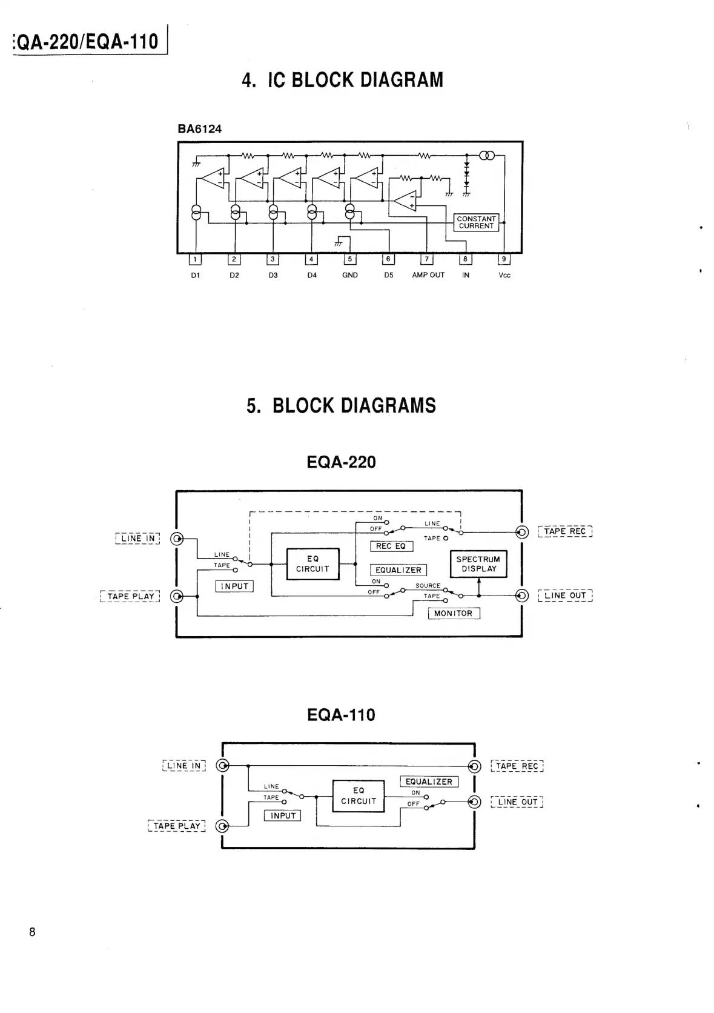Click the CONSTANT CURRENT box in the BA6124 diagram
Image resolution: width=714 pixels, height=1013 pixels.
click(476, 222)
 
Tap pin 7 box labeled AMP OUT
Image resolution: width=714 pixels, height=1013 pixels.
click(427, 259)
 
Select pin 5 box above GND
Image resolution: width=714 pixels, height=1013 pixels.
click(350, 259)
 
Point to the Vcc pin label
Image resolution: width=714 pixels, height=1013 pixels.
click(504, 275)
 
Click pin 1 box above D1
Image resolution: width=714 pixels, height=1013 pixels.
click(195, 259)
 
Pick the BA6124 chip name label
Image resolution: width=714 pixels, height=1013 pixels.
click(200, 128)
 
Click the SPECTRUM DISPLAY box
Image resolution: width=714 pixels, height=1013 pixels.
click(478, 564)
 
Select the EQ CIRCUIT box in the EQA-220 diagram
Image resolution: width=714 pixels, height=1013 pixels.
click(312, 563)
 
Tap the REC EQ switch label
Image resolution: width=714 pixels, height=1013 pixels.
click(391, 546)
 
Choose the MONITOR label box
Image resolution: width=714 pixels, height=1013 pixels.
click(454, 613)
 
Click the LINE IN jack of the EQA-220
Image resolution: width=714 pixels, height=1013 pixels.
click(176, 539)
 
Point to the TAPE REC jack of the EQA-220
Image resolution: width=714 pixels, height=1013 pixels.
click(521, 532)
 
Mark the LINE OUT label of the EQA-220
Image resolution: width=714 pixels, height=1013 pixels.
click(565, 596)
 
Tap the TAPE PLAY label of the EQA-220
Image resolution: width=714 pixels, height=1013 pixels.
click(130, 596)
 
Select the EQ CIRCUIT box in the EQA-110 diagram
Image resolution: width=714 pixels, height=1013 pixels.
click(359, 795)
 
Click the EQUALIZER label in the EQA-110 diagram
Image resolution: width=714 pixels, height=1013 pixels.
click(429, 782)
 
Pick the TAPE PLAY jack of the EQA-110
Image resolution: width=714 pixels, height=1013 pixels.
click(223, 826)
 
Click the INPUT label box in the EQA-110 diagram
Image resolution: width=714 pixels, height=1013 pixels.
click(282, 815)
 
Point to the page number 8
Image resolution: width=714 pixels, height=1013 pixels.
click(32, 932)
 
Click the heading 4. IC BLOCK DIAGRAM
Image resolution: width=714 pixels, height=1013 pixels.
click(342, 80)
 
